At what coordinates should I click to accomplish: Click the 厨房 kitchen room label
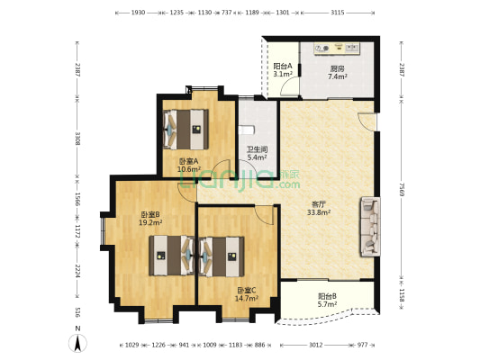[337, 68]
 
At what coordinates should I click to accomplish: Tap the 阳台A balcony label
[283, 66]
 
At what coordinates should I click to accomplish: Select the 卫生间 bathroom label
[258, 149]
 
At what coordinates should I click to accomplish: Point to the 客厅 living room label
[319, 204]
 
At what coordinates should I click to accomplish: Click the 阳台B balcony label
[327, 296]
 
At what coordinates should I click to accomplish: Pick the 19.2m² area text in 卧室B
[150, 222]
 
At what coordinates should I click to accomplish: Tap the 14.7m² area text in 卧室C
[247, 298]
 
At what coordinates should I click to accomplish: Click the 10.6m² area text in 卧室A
[189, 169]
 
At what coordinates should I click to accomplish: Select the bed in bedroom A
[186, 130]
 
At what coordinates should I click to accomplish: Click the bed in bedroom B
[172, 256]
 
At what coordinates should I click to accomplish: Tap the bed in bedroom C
[222, 256]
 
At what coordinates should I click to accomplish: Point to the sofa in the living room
[370, 227]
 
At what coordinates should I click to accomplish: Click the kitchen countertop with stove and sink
[337, 49]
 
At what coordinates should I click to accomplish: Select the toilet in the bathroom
[247, 130]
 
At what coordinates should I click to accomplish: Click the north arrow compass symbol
[78, 343]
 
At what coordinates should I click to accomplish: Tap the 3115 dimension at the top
[338, 13]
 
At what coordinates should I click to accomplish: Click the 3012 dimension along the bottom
[315, 345]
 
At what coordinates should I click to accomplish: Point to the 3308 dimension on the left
[78, 139]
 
